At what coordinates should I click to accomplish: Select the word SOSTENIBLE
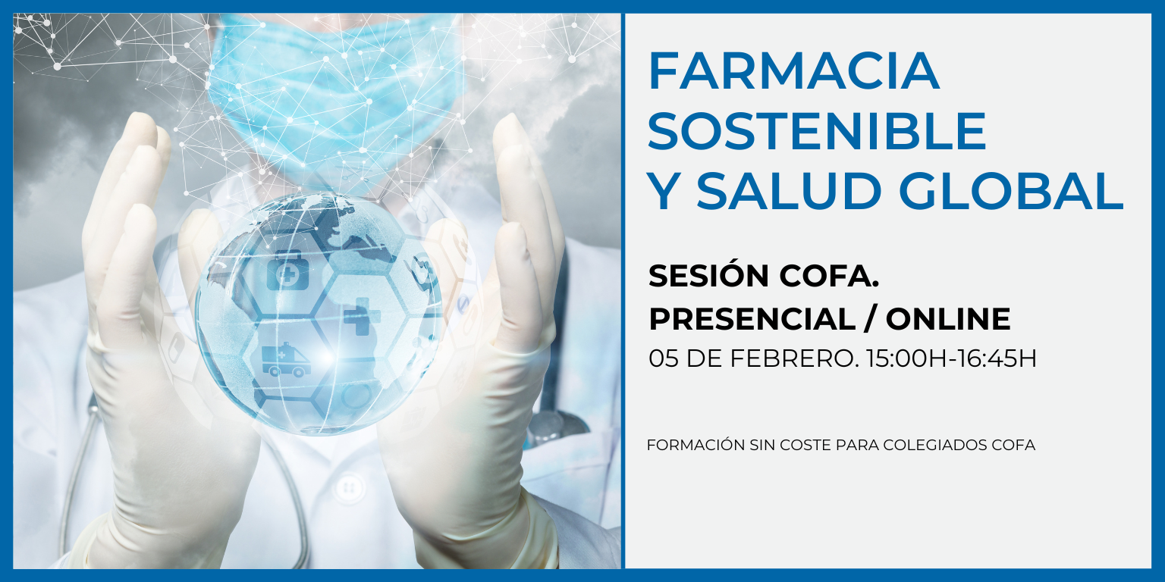817,131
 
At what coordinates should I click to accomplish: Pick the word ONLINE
948,319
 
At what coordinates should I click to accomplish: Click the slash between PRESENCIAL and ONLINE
871,319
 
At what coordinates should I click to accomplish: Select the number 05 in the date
663,358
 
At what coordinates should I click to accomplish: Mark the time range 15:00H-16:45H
951,358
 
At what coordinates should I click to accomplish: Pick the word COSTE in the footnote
799,445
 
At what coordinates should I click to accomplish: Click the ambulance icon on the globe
286,361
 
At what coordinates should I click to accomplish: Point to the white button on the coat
349,486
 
